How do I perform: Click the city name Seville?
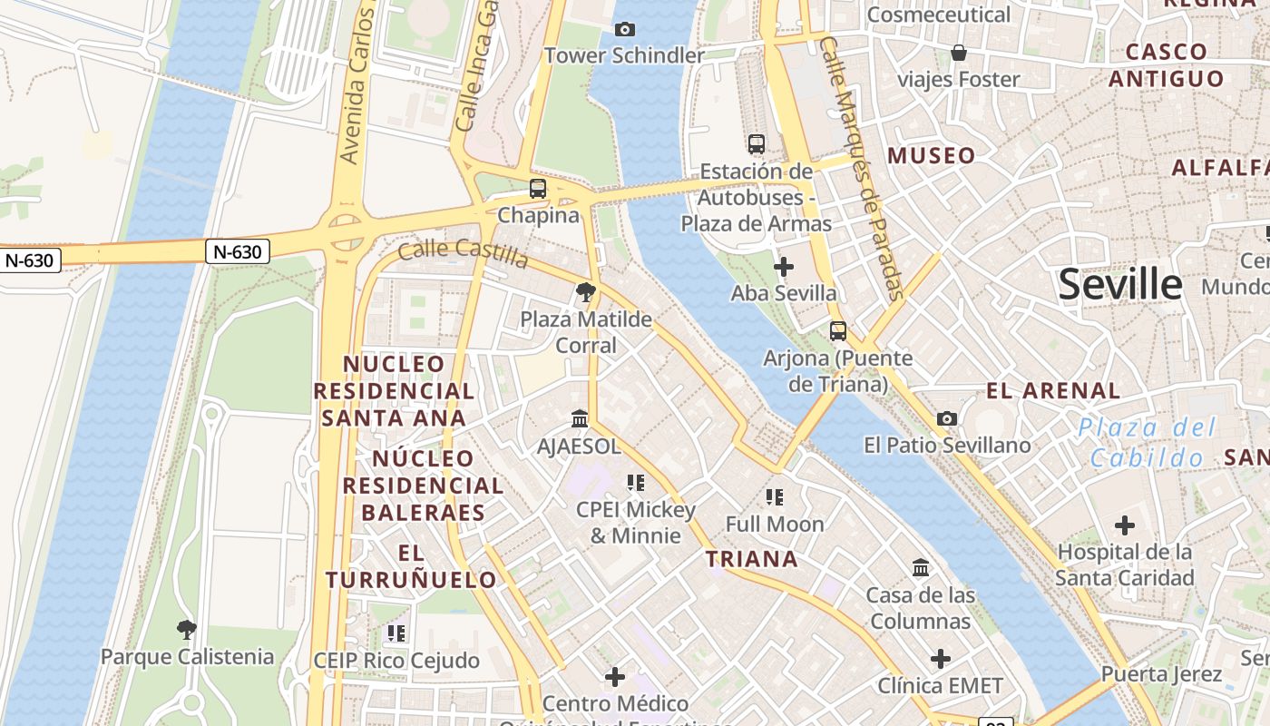(1120, 284)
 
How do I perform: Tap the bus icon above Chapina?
(538, 189)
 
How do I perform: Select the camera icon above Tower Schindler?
(624, 29)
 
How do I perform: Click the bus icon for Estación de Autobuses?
(757, 143)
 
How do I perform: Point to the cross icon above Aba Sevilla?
(784, 267)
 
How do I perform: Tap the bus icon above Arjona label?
(838, 331)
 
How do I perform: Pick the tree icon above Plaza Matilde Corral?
(586, 292)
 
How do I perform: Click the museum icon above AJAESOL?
(580, 419)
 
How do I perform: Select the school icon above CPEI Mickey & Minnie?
(635, 482)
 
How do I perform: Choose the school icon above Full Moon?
(774, 496)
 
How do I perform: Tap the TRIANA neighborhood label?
(752, 559)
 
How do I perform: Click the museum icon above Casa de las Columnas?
(921, 568)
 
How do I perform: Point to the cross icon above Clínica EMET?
(941, 658)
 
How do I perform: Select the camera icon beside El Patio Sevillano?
(947, 418)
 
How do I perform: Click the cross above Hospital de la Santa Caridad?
(1125, 525)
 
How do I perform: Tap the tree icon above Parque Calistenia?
(187, 629)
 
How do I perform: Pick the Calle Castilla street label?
(463, 252)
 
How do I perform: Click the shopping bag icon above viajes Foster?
(959, 53)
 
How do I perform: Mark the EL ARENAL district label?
(1053, 391)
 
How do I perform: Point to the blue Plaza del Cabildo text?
(1147, 443)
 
